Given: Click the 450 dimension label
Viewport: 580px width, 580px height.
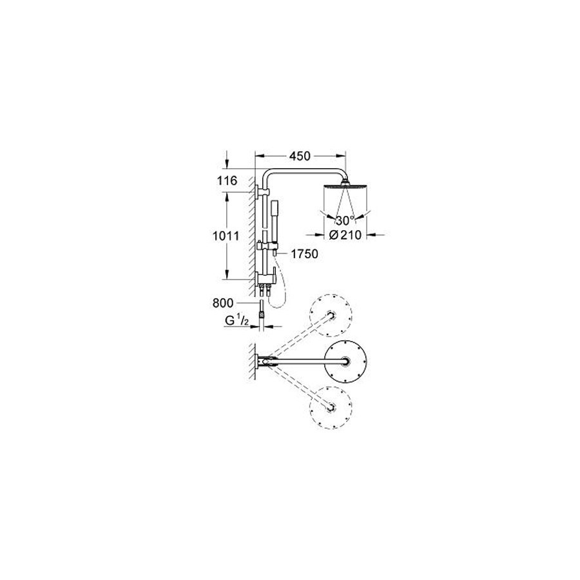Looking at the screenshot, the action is pyautogui.click(x=300, y=156).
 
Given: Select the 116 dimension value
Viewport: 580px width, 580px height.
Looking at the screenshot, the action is pyautogui.click(x=226, y=181).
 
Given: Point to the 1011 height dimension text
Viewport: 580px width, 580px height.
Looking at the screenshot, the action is pyautogui.click(x=226, y=236).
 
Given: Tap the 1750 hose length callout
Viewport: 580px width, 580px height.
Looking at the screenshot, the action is pyautogui.click(x=304, y=254).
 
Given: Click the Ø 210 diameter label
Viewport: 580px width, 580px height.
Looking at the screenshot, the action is pyautogui.click(x=345, y=235).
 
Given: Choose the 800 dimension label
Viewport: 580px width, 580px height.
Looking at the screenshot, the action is pyautogui.click(x=223, y=304).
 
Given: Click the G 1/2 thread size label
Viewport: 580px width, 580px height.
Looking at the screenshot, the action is pyautogui.click(x=237, y=321).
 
